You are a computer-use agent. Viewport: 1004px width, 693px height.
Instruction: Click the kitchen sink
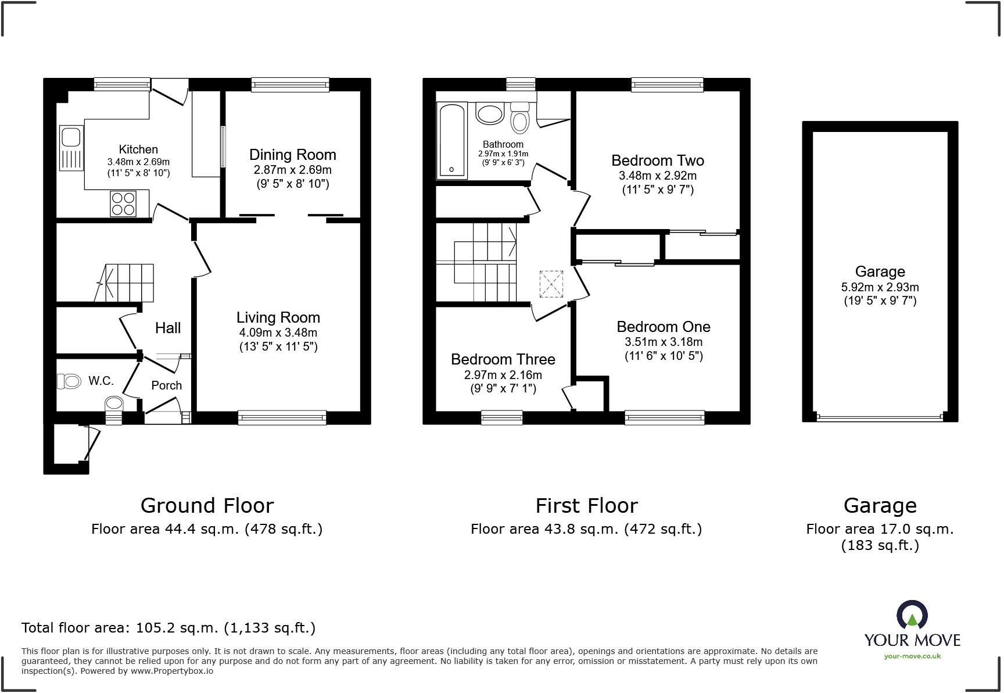pos(71,148)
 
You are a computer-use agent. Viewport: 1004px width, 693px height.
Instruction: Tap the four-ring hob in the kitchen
pos(123,203)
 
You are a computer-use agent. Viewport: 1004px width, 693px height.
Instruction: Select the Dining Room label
pos(292,155)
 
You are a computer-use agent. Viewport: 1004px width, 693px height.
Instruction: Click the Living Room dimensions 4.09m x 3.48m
pos(278,333)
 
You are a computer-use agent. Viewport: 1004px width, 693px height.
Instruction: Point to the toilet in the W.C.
pos(69,381)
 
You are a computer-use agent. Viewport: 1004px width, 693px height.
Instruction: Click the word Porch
pos(166,385)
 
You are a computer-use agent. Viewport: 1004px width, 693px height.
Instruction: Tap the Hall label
pos(167,328)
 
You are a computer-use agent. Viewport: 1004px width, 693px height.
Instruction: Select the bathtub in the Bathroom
pos(452,141)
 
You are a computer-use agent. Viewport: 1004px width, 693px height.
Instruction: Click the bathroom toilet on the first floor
pos(519,119)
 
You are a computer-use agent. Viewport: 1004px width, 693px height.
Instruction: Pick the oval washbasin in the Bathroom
pos(490,113)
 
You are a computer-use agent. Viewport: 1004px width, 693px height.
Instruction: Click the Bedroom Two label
pos(657,160)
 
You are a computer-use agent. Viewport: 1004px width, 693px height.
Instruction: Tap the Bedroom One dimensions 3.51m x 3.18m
pos(663,342)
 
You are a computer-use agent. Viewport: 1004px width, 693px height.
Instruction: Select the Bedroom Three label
pos(503,359)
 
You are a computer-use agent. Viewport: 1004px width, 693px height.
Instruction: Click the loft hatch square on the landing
pos(551,284)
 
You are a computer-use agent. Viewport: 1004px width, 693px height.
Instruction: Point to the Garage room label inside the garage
pos(880,272)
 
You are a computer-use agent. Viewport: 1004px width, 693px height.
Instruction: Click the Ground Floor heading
pos(207,505)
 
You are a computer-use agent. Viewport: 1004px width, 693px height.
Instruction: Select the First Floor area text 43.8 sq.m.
pos(586,529)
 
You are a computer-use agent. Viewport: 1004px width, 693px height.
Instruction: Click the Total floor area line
pos(168,628)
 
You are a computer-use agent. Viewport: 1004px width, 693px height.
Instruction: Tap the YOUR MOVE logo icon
pos(912,615)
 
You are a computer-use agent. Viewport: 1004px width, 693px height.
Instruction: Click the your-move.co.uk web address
pos(912,656)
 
